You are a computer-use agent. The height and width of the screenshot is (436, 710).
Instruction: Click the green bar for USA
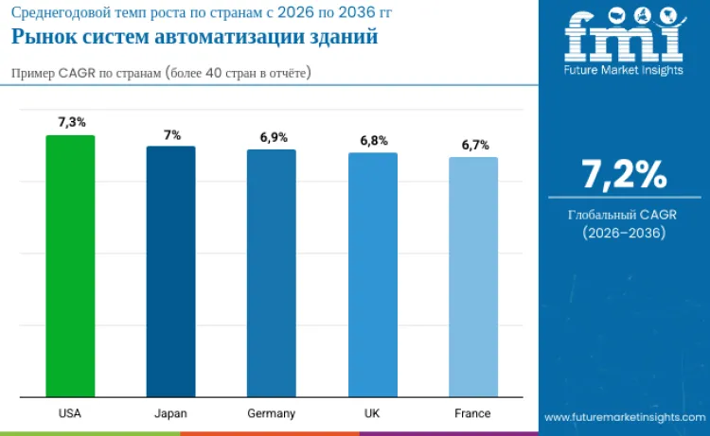point(70,266)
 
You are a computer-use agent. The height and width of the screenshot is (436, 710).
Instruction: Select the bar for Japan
point(170,271)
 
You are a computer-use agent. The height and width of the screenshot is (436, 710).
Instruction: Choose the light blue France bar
point(472,277)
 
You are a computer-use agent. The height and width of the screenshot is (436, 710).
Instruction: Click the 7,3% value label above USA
point(71,122)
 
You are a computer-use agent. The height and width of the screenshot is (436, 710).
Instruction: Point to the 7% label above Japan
point(171,134)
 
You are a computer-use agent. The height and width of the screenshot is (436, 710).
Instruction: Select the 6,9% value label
point(273,137)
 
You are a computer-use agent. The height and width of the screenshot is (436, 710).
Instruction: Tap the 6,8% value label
point(373,140)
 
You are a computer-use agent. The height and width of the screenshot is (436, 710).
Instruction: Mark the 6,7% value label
point(474,145)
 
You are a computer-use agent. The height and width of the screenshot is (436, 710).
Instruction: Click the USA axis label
point(70,413)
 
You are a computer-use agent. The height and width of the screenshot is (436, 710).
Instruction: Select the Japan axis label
point(170,413)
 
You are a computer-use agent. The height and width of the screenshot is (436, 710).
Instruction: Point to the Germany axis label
point(272,413)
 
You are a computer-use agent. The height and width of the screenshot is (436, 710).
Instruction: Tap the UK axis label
point(372,413)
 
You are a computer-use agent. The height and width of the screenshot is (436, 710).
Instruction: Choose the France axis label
point(472,413)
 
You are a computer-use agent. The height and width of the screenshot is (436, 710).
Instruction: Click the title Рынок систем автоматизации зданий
point(194,38)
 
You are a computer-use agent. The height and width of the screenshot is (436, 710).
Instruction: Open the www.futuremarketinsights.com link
point(624,416)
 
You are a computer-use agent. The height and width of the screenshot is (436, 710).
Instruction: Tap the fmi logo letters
point(624,36)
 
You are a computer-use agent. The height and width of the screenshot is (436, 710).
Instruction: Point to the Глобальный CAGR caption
point(624,216)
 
